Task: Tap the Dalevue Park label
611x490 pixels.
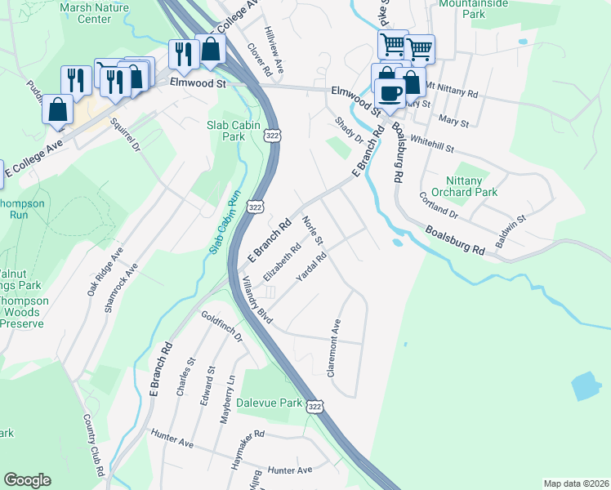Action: pyautogui.click(x=269, y=403)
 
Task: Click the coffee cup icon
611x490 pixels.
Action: pyautogui.click(x=390, y=93)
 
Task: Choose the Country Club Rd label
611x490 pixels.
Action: pyautogui.click(x=93, y=444)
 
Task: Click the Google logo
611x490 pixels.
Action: pyautogui.click(x=27, y=480)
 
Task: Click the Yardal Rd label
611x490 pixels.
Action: pyautogui.click(x=311, y=267)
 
